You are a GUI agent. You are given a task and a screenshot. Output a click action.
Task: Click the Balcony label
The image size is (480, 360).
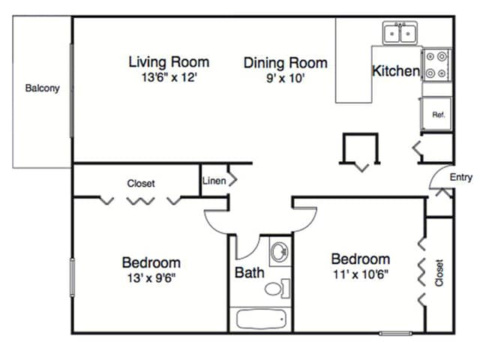click(42, 88)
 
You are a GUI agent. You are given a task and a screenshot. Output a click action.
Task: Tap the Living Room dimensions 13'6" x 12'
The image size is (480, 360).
click(169, 77)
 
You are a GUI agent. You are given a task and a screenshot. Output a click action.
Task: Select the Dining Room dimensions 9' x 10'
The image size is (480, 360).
click(285, 78)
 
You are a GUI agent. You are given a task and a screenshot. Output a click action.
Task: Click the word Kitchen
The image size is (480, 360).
click(396, 71)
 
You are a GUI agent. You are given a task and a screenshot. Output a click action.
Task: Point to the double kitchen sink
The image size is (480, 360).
click(400, 33)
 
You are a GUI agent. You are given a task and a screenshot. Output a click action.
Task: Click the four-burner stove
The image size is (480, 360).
click(436, 64)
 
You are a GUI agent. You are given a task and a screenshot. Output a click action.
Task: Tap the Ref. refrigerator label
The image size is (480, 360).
click(439, 115)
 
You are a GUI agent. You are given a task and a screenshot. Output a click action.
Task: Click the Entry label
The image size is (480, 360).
click(461, 177)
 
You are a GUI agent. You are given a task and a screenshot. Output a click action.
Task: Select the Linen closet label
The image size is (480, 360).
click(214, 181)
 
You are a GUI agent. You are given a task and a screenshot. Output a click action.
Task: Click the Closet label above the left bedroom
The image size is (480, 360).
click(141, 183)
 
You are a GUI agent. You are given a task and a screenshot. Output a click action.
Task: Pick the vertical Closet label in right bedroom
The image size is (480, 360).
click(439, 273)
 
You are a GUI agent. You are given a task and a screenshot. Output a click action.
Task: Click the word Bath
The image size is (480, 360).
click(250, 272)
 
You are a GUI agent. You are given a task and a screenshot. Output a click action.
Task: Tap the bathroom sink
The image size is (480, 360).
click(280, 252)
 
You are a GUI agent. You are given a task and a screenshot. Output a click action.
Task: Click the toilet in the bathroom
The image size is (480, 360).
click(277, 288)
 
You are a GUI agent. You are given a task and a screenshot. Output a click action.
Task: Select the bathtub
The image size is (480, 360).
click(261, 319)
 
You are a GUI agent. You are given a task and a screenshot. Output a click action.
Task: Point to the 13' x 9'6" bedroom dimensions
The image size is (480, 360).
click(151, 278)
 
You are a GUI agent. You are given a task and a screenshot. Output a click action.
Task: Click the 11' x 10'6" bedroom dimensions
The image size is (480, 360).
click(361, 274)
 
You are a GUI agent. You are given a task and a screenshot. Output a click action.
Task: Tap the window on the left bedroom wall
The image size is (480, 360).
click(72, 277)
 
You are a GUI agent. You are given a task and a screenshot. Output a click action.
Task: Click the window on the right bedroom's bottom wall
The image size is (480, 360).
click(395, 333)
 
